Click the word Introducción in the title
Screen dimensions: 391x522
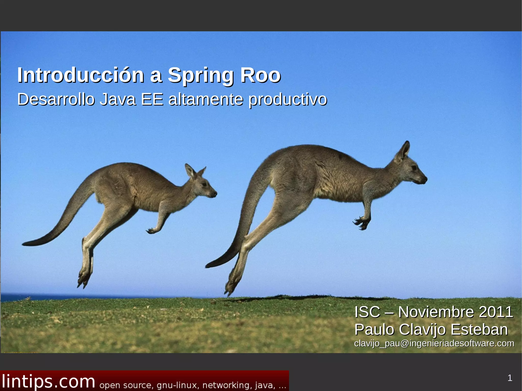(81, 75)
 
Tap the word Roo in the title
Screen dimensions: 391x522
(260, 75)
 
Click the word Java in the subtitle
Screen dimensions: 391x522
(118, 99)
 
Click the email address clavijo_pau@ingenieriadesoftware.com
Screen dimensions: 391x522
(434, 343)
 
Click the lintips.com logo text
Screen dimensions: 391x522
(48, 382)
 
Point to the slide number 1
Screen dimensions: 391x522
(510, 378)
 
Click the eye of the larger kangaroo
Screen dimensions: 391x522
(414, 168)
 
